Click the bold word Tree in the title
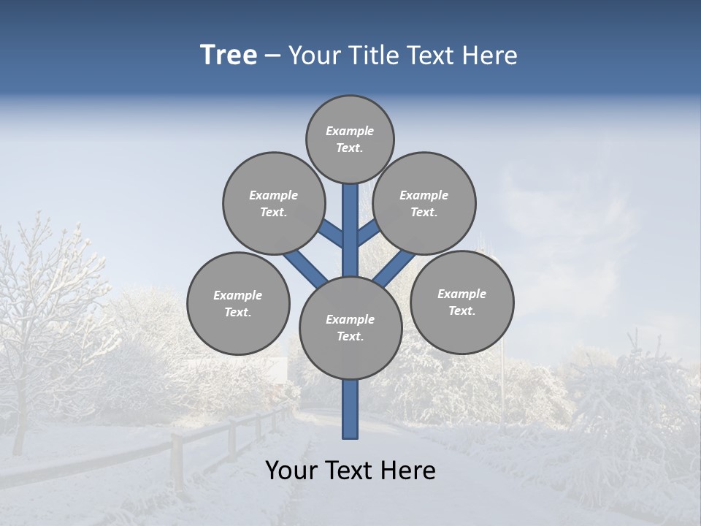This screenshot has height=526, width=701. tap(229, 56)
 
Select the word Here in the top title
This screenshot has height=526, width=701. tap(490, 56)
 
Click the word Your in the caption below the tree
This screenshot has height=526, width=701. tap(292, 470)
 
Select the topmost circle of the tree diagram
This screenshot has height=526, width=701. tap(350, 139)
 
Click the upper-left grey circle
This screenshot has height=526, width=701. tap(273, 203)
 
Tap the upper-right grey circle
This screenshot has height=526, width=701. tap(424, 203)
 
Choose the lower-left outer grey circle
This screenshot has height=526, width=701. tap(238, 303)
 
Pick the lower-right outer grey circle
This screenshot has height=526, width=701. tap(461, 302)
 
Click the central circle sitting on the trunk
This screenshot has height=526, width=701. tap(350, 327)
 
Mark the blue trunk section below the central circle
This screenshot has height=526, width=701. tap(350, 409)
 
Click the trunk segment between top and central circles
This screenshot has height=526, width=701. tap(350, 230)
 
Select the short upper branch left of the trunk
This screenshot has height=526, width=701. tap(331, 234)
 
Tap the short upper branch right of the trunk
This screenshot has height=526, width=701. tap(367, 233)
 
